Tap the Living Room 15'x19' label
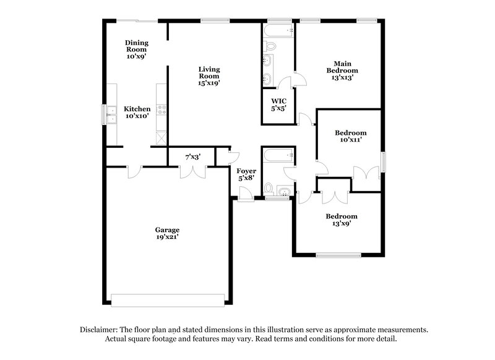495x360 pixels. pyautogui.click(x=209, y=75)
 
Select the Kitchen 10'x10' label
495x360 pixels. pyautogui.click(x=137, y=112)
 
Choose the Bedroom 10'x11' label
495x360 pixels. pyautogui.click(x=350, y=136)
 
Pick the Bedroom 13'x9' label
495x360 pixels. pyautogui.click(x=342, y=220)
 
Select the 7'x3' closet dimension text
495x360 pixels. pyautogui.click(x=192, y=157)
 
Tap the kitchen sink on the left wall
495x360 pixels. pyautogui.click(x=111, y=114)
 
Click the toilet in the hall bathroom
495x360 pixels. pyautogui.click(x=268, y=187)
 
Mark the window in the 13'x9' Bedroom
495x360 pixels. pyautogui.click(x=335, y=255)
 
